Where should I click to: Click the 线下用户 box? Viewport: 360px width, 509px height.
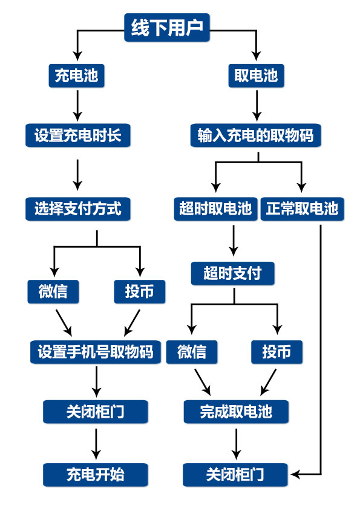click(166, 27)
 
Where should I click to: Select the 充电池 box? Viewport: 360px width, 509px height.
click(76, 76)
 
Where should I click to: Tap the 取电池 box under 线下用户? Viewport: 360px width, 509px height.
click(256, 76)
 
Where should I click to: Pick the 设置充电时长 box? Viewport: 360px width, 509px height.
click(78, 135)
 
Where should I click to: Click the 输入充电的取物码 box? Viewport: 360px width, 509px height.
click(256, 135)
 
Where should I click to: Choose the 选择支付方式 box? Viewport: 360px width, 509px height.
click(78, 209)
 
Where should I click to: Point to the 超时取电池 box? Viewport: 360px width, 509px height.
click(216, 209)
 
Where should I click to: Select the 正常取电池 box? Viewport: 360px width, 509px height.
click(302, 209)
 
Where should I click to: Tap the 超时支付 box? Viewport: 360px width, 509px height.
click(232, 273)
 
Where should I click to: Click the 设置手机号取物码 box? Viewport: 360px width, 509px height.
click(96, 352)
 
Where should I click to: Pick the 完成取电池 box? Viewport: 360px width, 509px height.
click(236, 412)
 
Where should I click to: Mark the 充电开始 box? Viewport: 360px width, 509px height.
click(96, 475)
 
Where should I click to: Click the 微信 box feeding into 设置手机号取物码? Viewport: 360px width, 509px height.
click(53, 291)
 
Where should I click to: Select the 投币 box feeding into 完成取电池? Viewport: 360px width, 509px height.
click(277, 352)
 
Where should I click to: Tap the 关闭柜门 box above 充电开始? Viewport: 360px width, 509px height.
click(96, 412)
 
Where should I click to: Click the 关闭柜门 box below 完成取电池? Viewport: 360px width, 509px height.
click(235, 475)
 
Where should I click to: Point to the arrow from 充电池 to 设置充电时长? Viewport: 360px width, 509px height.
click(77, 106)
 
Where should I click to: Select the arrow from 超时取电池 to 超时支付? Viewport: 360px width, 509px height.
click(234, 241)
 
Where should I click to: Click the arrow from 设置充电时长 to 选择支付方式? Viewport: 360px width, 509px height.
click(77, 175)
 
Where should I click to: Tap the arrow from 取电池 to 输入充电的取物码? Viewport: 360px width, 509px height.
click(257, 106)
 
